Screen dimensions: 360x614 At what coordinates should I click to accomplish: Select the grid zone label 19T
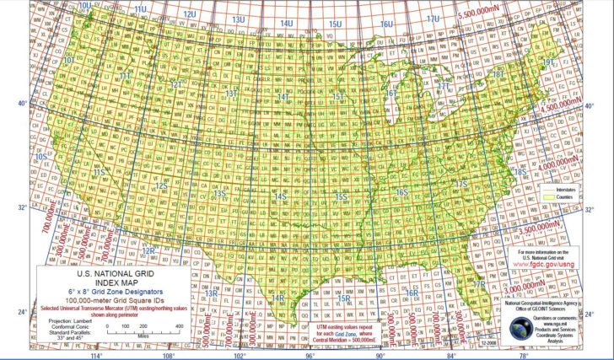tap(548, 62)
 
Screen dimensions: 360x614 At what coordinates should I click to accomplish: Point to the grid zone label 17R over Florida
tap(478, 284)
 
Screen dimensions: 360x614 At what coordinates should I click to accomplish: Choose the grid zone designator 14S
tap(281, 196)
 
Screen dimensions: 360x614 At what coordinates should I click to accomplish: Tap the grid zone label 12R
tap(147, 250)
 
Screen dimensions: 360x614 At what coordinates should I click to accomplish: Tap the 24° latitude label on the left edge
tap(23, 313)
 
